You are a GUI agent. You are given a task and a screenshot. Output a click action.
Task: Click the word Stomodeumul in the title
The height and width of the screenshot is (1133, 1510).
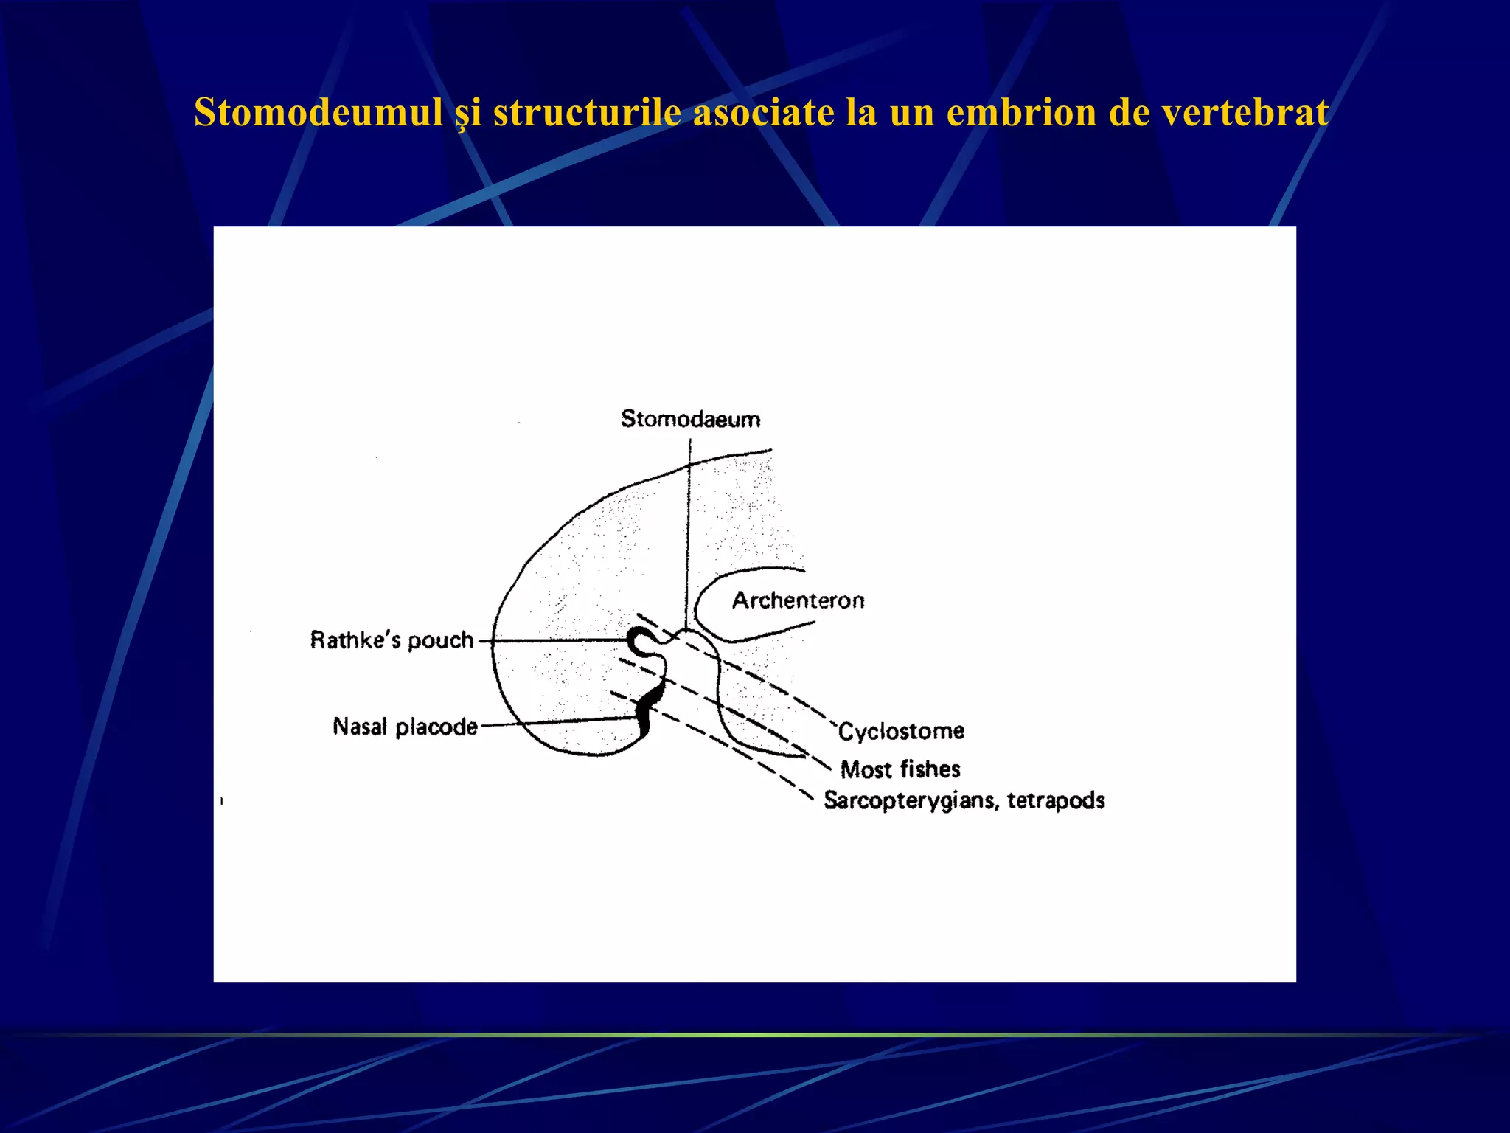coord(319,113)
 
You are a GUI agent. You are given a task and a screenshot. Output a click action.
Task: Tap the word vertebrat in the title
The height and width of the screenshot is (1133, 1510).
coord(1245,113)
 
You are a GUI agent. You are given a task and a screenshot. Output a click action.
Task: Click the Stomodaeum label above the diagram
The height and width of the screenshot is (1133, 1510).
coord(690,419)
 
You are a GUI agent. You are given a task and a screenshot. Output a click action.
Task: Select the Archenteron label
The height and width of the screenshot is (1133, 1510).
coord(798,600)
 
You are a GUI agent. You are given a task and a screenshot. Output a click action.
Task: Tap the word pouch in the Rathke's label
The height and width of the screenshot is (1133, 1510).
coord(440,640)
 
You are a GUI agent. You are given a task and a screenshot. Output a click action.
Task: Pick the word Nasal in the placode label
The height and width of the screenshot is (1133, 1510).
coord(360,727)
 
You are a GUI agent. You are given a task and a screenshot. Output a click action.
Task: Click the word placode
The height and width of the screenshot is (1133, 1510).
coord(436,727)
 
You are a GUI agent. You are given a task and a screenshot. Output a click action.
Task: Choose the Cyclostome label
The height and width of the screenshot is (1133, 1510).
coord(901,732)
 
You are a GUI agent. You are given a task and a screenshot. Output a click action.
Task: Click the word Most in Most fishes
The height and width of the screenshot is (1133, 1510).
coord(867,769)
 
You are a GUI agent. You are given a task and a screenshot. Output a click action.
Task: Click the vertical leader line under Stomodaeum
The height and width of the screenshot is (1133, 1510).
coord(689,531)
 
